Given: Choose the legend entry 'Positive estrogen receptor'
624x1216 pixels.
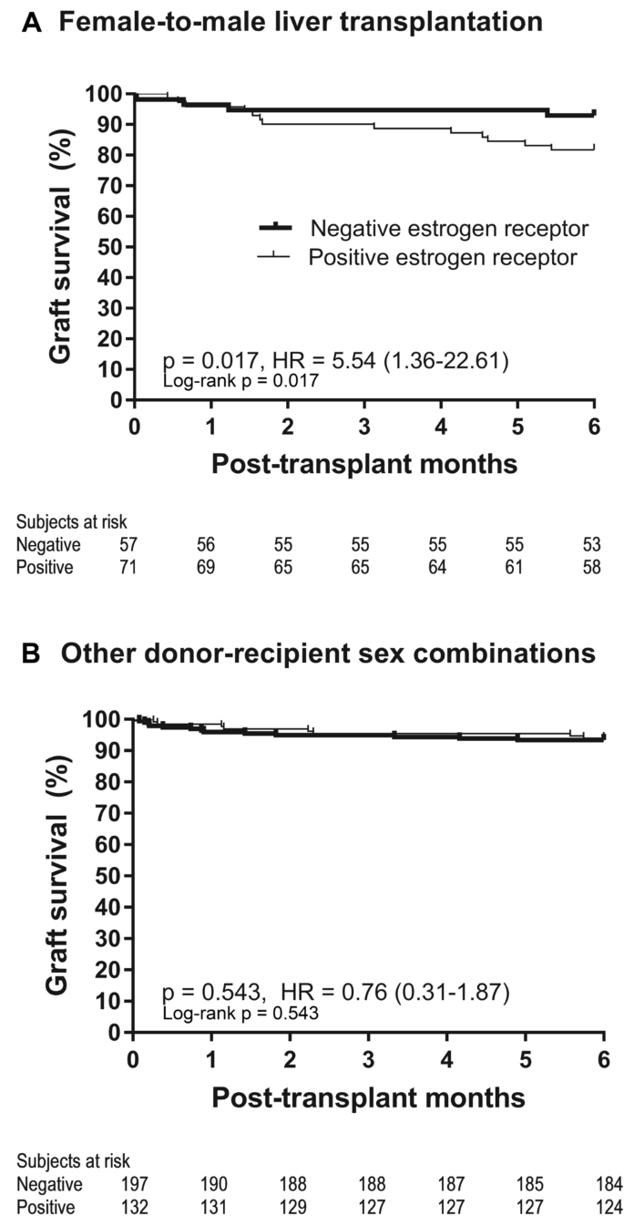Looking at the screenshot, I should point(442,257).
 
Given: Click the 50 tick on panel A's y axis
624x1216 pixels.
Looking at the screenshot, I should point(110,247).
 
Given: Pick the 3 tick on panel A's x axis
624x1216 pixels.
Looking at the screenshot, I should point(364,428).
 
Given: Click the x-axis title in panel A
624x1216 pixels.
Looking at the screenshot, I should point(364,464).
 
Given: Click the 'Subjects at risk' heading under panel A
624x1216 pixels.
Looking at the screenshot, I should point(71,521).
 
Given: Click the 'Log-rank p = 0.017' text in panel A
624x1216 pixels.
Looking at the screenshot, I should point(240,381).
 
